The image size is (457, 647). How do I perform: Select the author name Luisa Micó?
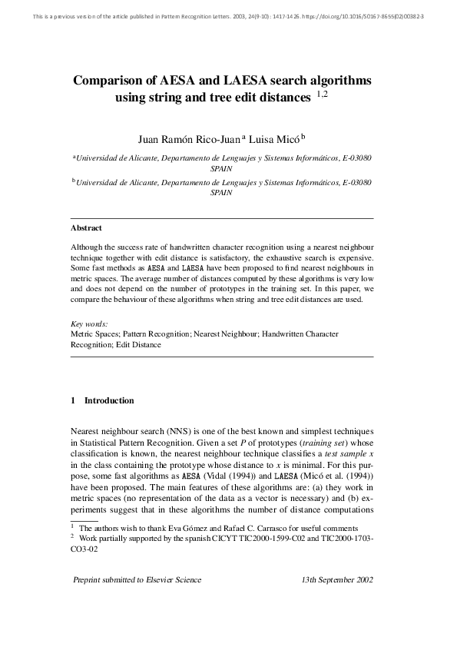coord(276,139)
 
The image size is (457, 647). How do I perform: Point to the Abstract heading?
coord(86,228)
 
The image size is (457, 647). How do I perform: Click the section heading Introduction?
coord(109,400)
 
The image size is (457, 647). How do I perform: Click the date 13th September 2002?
coord(338,601)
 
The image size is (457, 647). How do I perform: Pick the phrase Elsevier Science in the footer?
coord(171,601)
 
